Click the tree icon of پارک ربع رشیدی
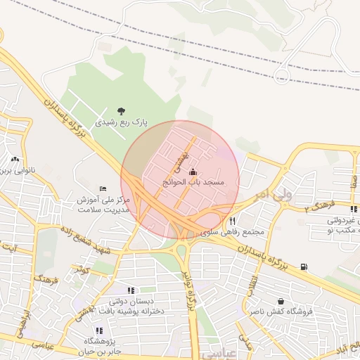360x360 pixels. coord(122,110)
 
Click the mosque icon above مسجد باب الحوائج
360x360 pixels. coord(193,171)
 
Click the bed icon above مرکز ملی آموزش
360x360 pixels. coord(103,189)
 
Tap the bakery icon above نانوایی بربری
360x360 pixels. coord(15,160)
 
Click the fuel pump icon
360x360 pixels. coord(303,266)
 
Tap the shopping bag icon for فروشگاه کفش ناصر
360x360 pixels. coord(281,301)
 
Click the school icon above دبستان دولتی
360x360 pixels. coord(131,290)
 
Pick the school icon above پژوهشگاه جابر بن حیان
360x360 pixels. coord(98,330)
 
